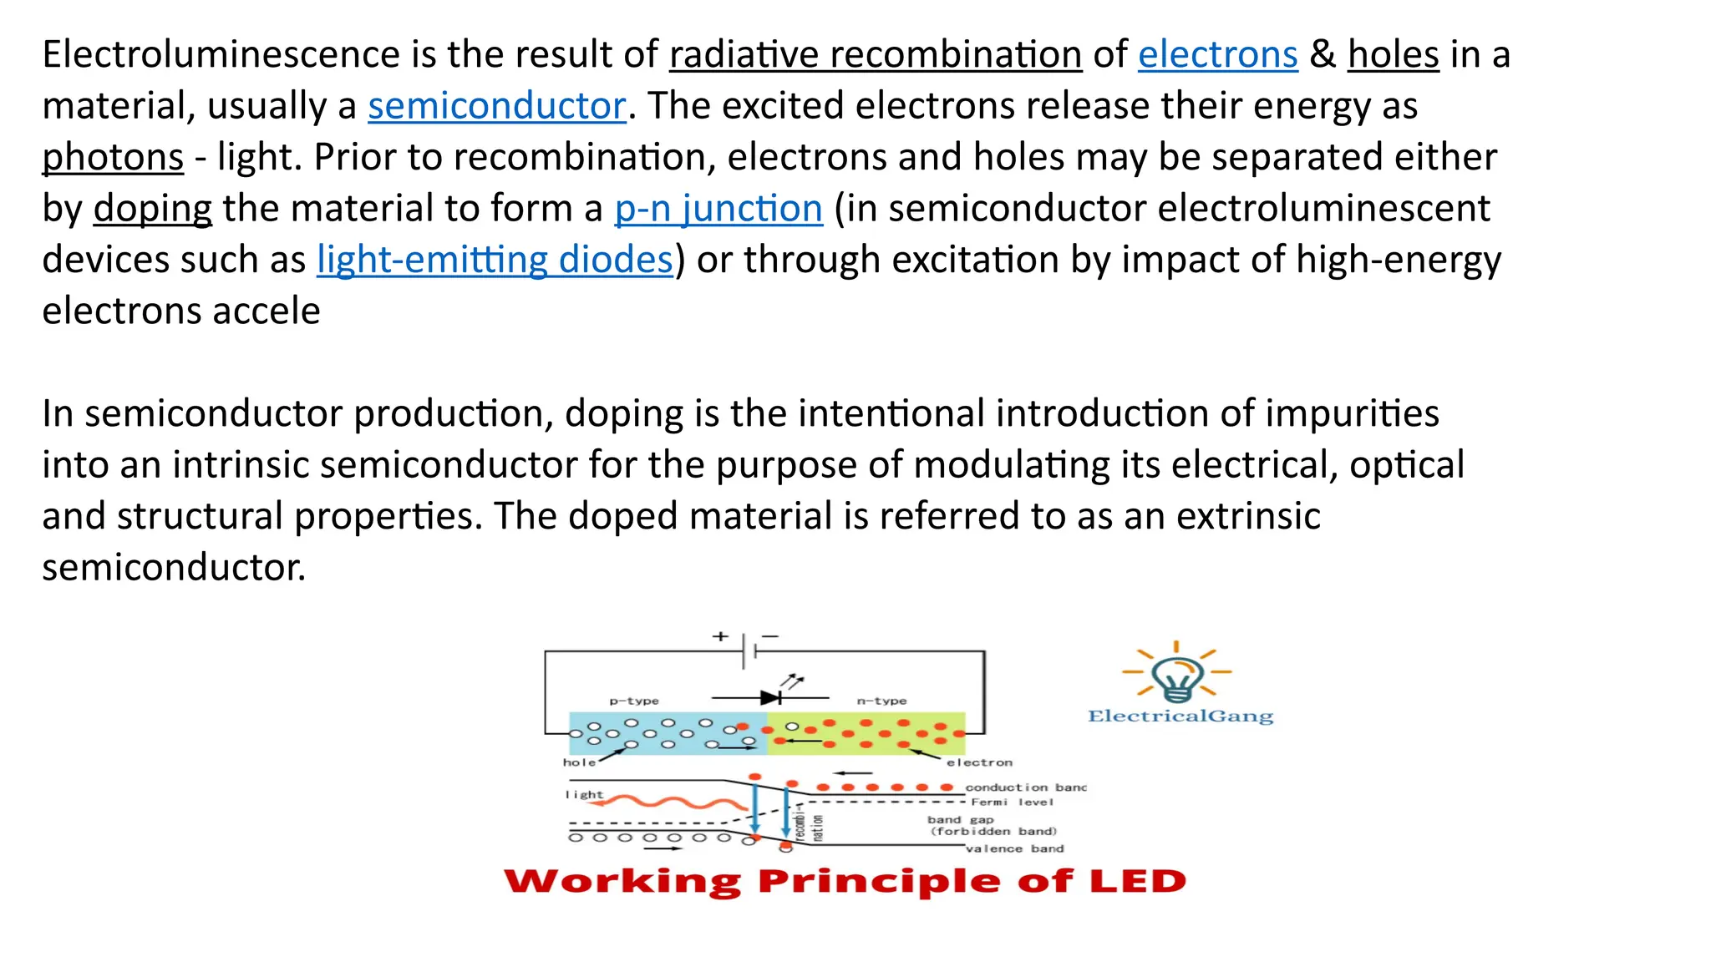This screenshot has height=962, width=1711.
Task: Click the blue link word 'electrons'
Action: (1217, 55)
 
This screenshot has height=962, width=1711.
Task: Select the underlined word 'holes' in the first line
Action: (1393, 55)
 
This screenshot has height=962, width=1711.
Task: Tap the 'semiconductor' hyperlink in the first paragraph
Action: (496, 106)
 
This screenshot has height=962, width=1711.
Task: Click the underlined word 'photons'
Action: (113, 158)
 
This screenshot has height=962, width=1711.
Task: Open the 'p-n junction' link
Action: (718, 209)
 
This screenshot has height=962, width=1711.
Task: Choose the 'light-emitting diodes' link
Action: (495, 260)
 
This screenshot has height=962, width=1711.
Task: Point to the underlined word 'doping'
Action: (152, 209)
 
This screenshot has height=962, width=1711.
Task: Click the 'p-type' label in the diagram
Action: (633, 701)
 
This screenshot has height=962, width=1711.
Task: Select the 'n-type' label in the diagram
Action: (881, 701)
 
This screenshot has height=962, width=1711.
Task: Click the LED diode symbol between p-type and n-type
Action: (772, 696)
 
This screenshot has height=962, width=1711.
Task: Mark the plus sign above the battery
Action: (720, 636)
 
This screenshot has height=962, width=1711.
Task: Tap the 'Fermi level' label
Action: (1012, 802)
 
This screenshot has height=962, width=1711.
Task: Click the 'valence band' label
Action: (1014, 848)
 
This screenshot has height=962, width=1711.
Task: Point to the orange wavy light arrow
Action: (668, 803)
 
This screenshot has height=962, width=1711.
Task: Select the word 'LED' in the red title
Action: (1142, 882)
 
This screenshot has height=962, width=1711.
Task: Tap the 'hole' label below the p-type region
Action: (579, 762)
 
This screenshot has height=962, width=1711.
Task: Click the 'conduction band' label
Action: (1025, 787)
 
